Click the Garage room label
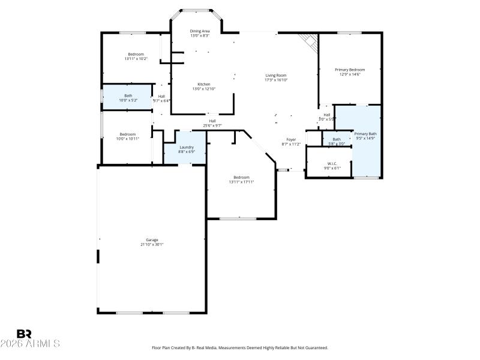pyautogui.click(x=152, y=239)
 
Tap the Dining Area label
pyautogui.click(x=200, y=31)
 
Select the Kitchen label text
pyautogui.click(x=204, y=84)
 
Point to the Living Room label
pyautogui.click(x=277, y=75)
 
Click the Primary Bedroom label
pyautogui.click(x=350, y=70)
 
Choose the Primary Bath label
pyautogui.click(x=365, y=134)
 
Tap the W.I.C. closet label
pyautogui.click(x=332, y=163)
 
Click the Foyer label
pyautogui.click(x=291, y=139)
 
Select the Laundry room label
pyautogui.click(x=186, y=147)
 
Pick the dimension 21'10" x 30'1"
pyautogui.click(x=152, y=244)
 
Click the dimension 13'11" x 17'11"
pyautogui.click(x=241, y=182)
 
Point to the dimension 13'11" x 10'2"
pyautogui.click(x=136, y=59)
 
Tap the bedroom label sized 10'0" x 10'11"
pyautogui.click(x=128, y=134)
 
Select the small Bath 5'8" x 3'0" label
pyautogui.click(x=337, y=139)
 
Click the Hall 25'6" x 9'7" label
pyautogui.click(x=212, y=121)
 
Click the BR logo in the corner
pyautogui.click(x=24, y=334)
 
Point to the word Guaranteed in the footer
pyautogui.click(x=315, y=348)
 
